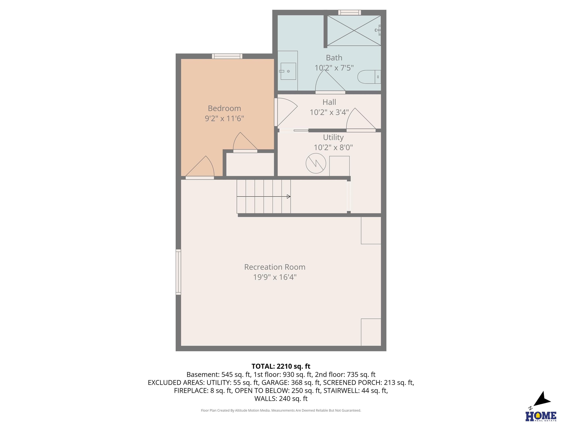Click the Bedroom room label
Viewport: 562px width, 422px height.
tap(224, 108)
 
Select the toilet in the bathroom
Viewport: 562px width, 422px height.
tap(369, 77)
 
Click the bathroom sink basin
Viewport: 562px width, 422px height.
tap(288, 71)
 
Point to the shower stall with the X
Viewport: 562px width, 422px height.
tap(354, 31)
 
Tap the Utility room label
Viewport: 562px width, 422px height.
tap(333, 137)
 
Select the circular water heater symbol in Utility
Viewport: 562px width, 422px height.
tap(316, 163)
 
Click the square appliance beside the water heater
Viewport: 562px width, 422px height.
tap(339, 166)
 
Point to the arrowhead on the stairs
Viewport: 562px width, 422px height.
tap(289, 196)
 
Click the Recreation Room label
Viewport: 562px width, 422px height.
tap(275, 267)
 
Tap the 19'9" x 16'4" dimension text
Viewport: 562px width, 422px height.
tap(275, 277)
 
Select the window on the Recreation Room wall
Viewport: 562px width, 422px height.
tap(178, 272)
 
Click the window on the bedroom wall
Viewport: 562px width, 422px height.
tap(227, 56)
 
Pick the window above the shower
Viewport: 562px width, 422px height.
tap(350, 12)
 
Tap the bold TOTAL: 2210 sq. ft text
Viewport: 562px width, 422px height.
tap(281, 366)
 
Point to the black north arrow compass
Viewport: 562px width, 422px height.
tap(543, 399)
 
